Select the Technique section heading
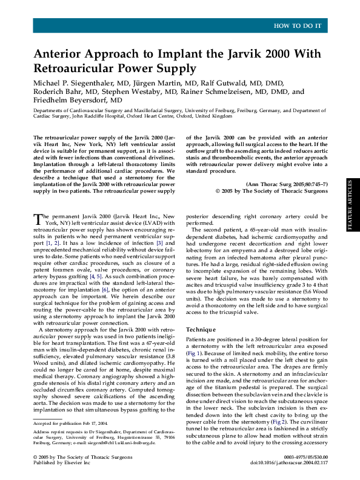(203, 330)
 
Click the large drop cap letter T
(38, 219)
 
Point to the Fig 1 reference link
(194, 352)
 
